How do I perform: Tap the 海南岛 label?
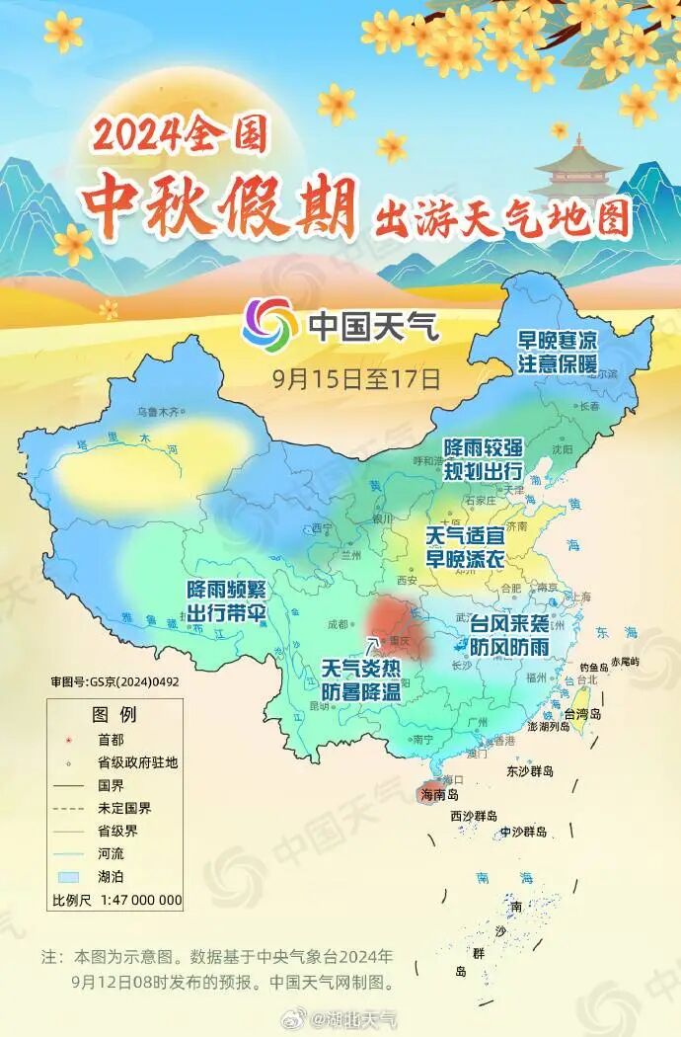[440, 793]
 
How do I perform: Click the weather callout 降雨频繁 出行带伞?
[227, 598]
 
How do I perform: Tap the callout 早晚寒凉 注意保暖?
[559, 352]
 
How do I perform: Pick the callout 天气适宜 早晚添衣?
[465, 545]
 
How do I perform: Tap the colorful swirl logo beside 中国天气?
[268, 324]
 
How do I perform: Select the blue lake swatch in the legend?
[67, 875]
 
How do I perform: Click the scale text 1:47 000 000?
[132, 899]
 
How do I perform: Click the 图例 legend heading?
[113, 714]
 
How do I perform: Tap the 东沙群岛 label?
[529, 770]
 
